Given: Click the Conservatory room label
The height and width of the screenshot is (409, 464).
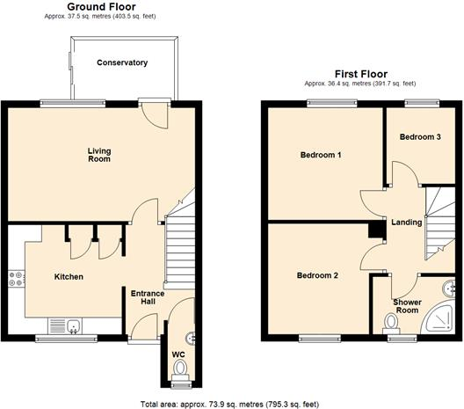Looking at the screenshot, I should [122, 63].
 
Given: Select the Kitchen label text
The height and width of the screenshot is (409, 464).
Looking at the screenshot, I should [69, 277].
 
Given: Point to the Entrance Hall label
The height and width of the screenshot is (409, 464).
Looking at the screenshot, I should [142, 298].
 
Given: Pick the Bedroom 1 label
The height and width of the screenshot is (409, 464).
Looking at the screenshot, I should [321, 156].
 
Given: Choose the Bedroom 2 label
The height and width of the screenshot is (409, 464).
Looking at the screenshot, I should [317, 275].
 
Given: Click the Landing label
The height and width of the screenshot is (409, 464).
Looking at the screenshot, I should [407, 223].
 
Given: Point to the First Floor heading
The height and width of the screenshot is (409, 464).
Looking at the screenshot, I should [361, 74].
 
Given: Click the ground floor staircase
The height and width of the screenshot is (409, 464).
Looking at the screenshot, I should [178, 237].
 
